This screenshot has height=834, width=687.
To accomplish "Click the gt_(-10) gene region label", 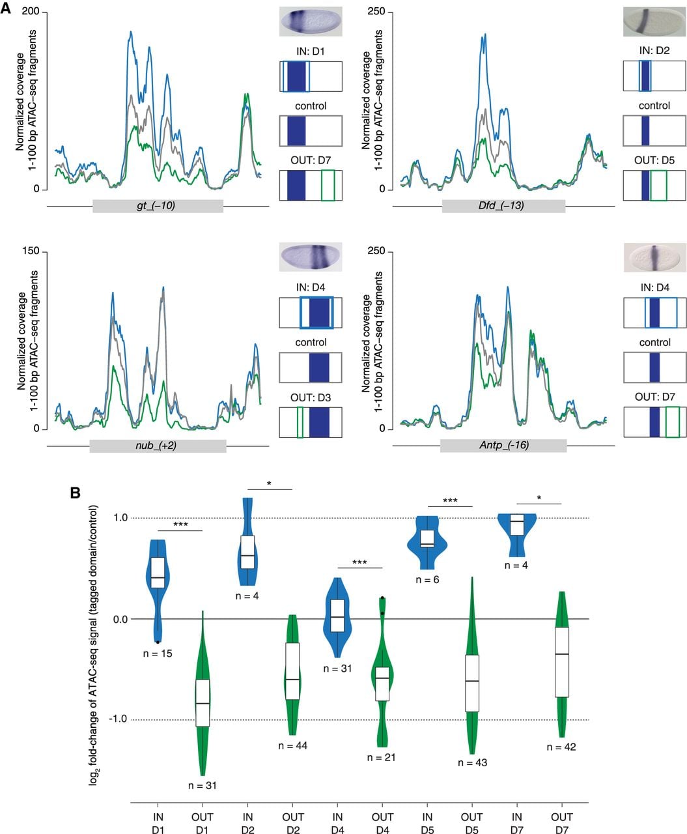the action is coord(156,206).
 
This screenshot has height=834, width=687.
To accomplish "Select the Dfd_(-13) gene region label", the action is coord(501,206).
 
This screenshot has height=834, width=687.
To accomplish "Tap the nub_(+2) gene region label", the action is coord(156,446).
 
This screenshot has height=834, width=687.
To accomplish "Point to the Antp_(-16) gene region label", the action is coord(504,445).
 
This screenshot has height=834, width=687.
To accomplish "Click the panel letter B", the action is coord(75,493).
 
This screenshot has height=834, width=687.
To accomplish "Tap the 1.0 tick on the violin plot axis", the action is coord(120,517).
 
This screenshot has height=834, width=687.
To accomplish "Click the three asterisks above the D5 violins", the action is coord(450,501).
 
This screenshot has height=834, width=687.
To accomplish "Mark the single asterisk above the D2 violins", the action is coord(269,483).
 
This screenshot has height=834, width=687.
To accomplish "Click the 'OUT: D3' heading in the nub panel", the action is coord(310,397).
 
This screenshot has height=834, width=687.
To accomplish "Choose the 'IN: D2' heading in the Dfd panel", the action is coord(654,50).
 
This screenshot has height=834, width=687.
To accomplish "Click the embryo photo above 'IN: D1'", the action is coord(310,22).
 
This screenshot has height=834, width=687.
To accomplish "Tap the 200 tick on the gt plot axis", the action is coord(31,11).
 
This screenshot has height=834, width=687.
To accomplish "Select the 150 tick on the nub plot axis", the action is coord(31,251).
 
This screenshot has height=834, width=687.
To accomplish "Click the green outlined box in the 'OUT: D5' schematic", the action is coord(658,185).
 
